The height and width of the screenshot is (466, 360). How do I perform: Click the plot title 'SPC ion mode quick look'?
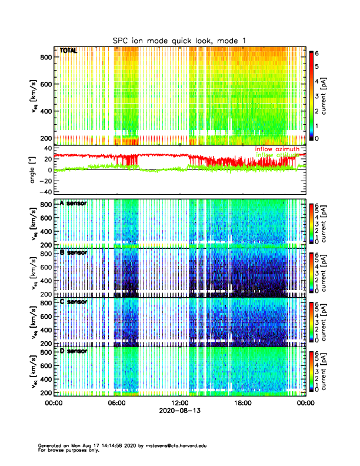pyautogui.click(x=179, y=40)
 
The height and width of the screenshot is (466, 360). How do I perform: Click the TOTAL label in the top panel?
pyautogui.click(x=68, y=51)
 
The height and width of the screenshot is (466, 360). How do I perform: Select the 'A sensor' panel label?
pyautogui.click(x=73, y=204)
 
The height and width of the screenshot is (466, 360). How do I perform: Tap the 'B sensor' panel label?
pyautogui.click(x=73, y=252)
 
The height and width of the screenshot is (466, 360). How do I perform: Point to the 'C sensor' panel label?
pyautogui.click(x=73, y=302)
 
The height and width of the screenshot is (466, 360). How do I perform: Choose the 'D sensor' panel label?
pyautogui.click(x=73, y=351)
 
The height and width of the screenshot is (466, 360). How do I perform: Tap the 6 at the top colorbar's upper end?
pyautogui.click(x=317, y=53)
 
